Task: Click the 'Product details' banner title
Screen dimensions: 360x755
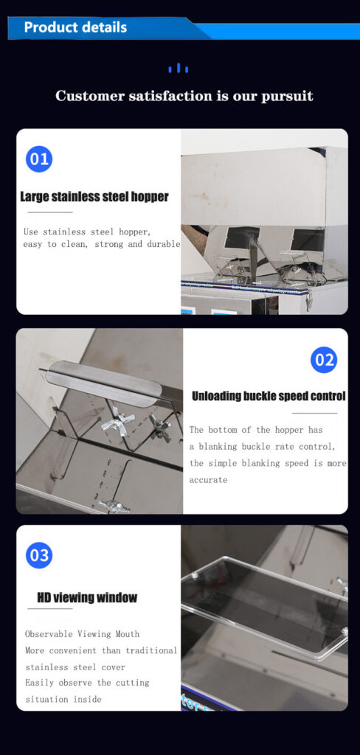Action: (75, 27)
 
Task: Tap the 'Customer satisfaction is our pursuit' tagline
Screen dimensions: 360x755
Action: (184, 96)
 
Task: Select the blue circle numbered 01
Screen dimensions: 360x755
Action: (39, 159)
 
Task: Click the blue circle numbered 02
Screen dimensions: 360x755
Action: (323, 360)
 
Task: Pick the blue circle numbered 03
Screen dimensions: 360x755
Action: (39, 555)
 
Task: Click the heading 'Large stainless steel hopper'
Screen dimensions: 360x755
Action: (94, 197)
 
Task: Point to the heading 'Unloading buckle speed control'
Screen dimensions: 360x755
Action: (269, 396)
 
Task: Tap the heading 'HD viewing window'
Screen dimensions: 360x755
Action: (87, 598)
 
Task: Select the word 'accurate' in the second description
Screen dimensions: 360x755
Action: (208, 480)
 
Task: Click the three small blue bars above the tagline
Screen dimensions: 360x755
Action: (179, 69)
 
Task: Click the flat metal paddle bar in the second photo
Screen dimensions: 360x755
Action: (104, 380)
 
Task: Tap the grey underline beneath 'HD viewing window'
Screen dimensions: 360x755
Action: (49, 609)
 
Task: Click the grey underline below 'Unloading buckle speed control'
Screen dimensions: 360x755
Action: (315, 413)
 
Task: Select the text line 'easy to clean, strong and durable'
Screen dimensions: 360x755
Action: (102, 244)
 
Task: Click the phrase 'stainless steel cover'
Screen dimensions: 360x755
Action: (75, 667)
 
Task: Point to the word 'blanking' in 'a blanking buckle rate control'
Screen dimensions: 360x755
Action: (218, 447)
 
